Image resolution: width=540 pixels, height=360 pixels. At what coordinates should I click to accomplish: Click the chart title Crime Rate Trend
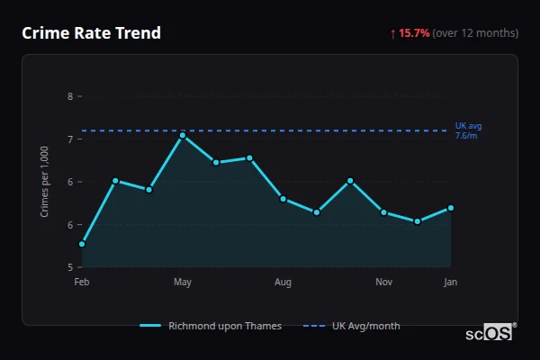click(92, 33)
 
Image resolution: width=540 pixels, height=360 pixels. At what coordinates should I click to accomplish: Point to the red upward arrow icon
click(392, 33)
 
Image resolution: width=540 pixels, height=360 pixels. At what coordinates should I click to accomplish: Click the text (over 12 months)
click(475, 33)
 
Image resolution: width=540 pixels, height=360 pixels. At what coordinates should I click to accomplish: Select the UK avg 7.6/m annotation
click(468, 130)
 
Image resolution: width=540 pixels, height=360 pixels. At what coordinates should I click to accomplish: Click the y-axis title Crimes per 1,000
click(44, 181)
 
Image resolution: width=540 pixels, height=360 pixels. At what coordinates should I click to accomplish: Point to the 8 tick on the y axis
click(70, 95)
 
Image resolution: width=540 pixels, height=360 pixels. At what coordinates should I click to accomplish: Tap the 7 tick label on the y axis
click(70, 139)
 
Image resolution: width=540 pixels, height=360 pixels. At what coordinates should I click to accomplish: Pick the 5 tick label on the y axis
click(70, 267)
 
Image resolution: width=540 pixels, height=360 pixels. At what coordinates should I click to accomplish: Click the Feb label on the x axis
click(82, 283)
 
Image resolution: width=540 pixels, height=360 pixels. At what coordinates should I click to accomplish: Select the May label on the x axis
click(183, 283)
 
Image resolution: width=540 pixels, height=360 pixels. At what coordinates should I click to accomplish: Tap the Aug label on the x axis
click(283, 283)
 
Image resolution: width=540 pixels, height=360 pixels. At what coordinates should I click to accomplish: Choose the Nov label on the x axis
click(383, 283)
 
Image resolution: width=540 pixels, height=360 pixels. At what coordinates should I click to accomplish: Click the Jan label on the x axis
click(450, 283)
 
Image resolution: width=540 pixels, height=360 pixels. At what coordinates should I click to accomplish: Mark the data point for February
click(82, 244)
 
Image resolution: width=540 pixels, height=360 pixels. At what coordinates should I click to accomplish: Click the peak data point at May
click(183, 135)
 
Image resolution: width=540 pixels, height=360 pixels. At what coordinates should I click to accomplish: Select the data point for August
click(283, 199)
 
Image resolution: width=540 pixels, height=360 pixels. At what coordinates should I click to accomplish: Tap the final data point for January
click(450, 208)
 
